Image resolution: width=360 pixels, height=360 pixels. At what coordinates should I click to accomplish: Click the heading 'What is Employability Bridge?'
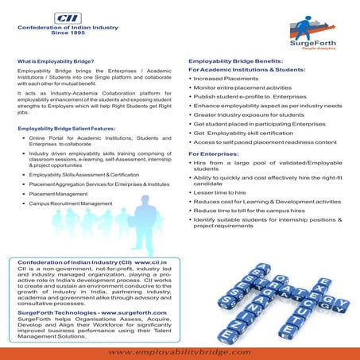[x=56, y=61]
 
